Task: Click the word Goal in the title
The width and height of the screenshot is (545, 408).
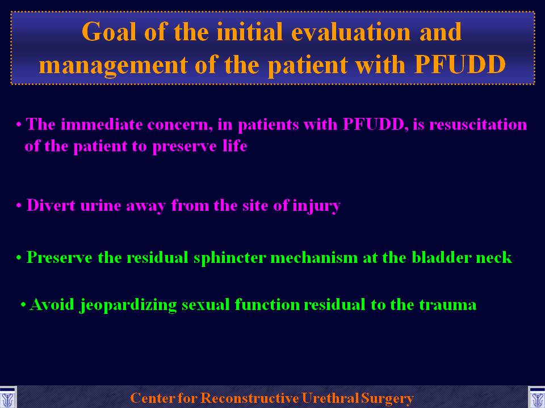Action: click(x=109, y=32)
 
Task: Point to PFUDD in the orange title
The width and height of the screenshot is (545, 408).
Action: click(x=460, y=64)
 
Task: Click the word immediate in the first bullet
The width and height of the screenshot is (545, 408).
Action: click(x=102, y=124)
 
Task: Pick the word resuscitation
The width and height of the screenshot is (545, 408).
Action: click(x=478, y=124)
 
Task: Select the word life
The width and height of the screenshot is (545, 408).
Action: click(x=235, y=146)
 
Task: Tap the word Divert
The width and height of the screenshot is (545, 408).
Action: click(x=51, y=205)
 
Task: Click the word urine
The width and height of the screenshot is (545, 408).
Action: click(x=100, y=206)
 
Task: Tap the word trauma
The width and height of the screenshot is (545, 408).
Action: click(x=447, y=305)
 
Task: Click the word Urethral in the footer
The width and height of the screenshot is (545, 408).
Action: click(x=330, y=398)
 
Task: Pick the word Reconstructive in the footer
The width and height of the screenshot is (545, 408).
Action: click(x=250, y=398)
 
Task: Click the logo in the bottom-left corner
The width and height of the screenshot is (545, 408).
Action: click(x=7, y=397)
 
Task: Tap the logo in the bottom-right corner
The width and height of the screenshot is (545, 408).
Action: click(x=536, y=397)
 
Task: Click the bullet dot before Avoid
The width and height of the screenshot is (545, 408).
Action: click(x=23, y=305)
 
